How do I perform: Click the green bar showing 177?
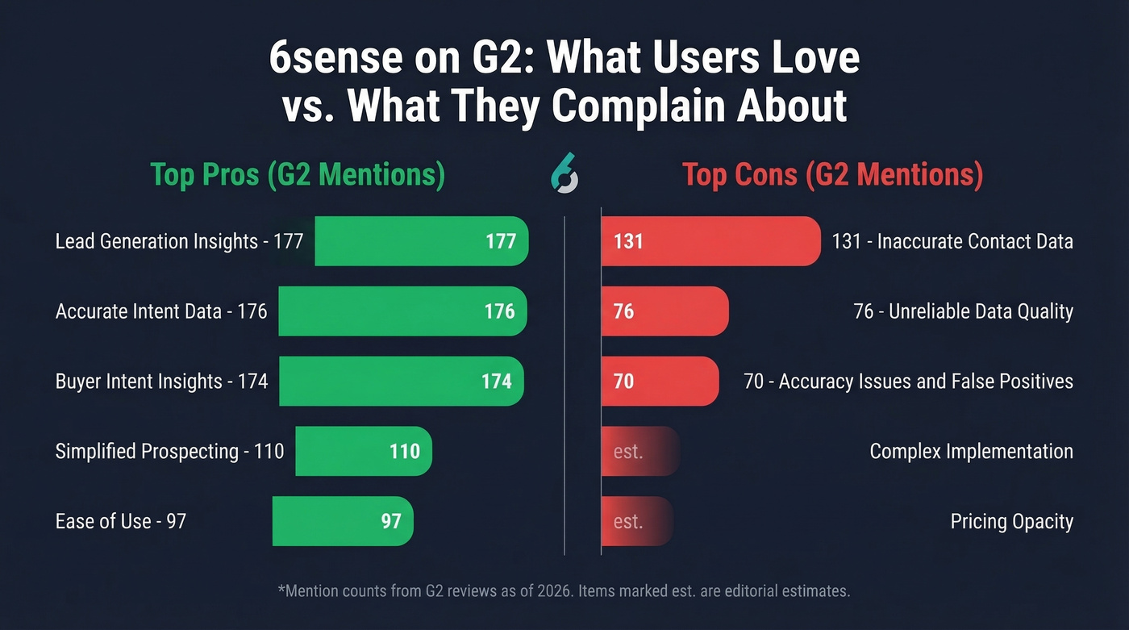(421, 241)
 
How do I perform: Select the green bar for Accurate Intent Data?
(402, 311)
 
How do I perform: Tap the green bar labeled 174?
(401, 381)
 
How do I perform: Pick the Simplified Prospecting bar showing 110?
(364, 451)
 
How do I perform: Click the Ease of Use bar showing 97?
(343, 521)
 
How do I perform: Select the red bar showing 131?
(710, 241)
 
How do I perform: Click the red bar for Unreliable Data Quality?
(664, 311)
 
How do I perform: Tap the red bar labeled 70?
(659, 381)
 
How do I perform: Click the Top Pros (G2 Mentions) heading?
(298, 175)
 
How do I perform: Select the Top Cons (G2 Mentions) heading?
(832, 175)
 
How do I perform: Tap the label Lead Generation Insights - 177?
(179, 241)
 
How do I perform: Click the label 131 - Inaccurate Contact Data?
(952, 241)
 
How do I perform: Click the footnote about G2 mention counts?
(564, 591)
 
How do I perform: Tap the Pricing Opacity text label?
(1011, 521)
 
